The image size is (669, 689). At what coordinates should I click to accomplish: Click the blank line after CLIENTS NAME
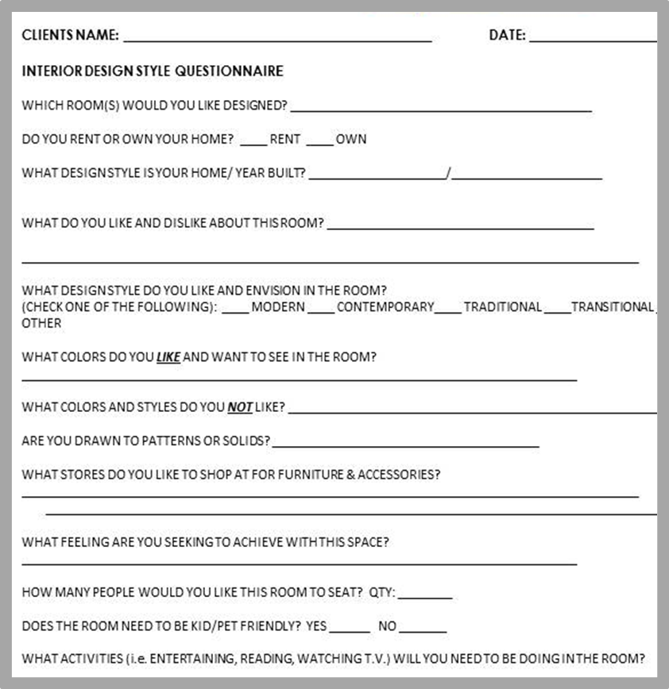point(277,40)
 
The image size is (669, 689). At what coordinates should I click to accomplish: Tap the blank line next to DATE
point(592,40)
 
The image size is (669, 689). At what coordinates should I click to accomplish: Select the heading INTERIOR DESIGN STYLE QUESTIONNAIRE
point(153,71)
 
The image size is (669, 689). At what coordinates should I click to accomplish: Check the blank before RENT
point(253,144)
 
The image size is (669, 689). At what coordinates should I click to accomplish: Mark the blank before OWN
point(319,144)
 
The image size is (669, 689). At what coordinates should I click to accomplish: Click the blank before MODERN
point(234,311)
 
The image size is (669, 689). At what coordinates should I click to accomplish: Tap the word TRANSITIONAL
point(612,307)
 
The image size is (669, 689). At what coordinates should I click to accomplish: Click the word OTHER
point(41,324)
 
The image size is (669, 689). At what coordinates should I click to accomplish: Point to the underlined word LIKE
point(168,358)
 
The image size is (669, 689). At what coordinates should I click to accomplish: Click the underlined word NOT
point(240,408)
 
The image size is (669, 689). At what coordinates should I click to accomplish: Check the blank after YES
point(350,631)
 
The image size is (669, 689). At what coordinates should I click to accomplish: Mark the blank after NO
point(423,631)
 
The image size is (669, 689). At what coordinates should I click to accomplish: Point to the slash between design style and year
point(449,175)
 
